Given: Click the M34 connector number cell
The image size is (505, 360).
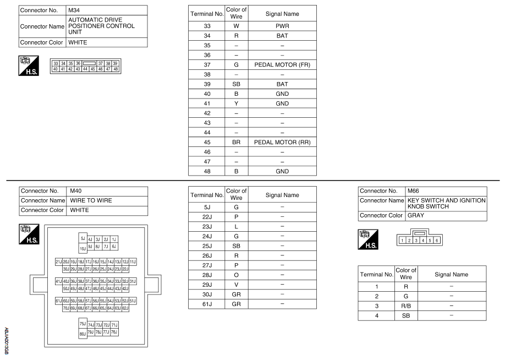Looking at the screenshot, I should (107, 10).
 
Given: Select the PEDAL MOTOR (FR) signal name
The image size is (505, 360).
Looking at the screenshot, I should (282, 64).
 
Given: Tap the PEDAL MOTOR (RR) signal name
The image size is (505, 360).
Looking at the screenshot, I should (282, 142).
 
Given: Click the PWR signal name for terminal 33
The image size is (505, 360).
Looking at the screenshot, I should (282, 26).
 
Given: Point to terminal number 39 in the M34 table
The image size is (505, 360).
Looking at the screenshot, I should (207, 84).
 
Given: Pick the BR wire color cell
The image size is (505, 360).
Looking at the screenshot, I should (236, 142).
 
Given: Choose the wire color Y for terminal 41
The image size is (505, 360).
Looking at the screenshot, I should (236, 103).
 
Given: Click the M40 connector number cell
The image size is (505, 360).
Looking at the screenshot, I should (107, 191).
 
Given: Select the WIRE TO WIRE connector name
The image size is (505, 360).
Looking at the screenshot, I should (107, 200).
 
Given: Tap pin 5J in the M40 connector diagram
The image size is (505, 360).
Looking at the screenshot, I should (83, 239).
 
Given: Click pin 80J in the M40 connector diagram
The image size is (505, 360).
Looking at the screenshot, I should (83, 334).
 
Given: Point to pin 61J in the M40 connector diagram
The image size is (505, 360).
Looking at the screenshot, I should (58, 301).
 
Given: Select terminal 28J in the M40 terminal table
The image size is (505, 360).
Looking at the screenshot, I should (207, 275).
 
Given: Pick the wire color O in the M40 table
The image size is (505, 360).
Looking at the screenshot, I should (236, 275).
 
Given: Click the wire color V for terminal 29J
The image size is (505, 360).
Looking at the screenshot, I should (236, 285).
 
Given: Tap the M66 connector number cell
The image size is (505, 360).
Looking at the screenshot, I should (446, 191).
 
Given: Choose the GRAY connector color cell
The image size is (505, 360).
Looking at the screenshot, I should (446, 215).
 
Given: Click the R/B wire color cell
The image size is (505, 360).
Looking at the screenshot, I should (405, 306).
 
